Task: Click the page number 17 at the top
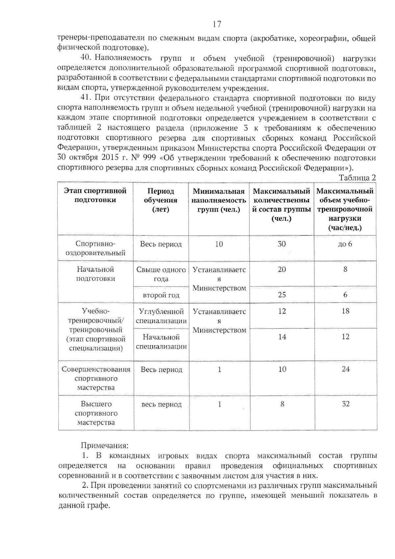(x=217, y=24)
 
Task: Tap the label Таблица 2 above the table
(x=357, y=178)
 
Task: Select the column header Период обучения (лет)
(x=161, y=200)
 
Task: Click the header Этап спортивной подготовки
(x=95, y=195)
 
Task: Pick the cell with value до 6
(x=345, y=244)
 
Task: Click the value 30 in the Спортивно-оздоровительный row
(x=282, y=244)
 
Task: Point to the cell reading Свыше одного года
(x=161, y=274)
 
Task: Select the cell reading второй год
(x=161, y=295)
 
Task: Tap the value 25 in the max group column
(x=282, y=295)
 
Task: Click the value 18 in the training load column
(x=345, y=311)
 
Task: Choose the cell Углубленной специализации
(x=161, y=316)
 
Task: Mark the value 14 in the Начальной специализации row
(x=282, y=337)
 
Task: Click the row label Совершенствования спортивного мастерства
(x=96, y=378)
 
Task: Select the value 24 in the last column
(x=345, y=369)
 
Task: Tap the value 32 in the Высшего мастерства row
(x=345, y=404)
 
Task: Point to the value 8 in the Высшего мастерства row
(x=282, y=404)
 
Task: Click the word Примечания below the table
(x=105, y=446)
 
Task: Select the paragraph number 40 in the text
(x=86, y=58)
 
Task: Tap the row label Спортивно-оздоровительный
(x=95, y=248)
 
